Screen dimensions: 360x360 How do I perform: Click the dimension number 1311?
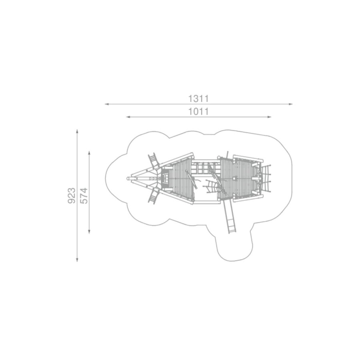(198, 98)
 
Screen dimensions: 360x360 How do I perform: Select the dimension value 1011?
(198, 112)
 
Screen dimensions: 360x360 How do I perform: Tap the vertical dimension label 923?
(72, 196)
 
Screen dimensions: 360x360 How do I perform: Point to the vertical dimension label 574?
(84, 196)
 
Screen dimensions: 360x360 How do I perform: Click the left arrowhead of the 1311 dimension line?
(106, 104)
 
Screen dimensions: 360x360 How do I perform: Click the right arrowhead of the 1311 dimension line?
(291, 104)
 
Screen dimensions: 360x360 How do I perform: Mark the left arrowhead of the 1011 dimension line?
(128, 117)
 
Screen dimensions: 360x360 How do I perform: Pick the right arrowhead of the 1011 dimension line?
(269, 117)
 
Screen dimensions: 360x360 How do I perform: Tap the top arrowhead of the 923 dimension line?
(77, 131)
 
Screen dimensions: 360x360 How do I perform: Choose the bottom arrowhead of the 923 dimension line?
(77, 260)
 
